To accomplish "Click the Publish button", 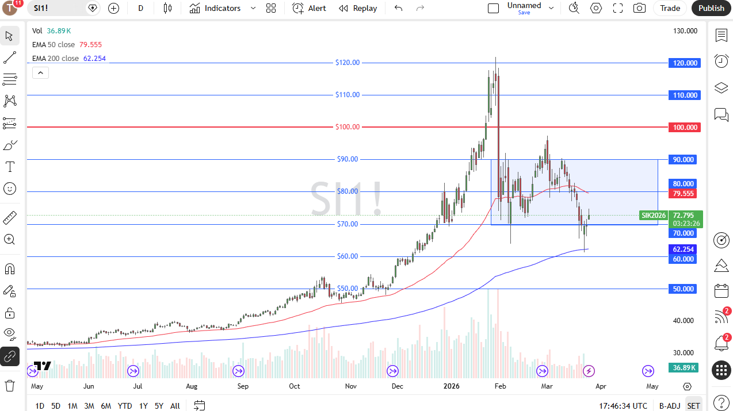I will pos(711,8).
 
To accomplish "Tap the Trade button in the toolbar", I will pos(670,8).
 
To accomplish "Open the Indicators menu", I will pos(223,8).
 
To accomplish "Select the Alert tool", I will pos(309,8).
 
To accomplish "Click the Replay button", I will pos(358,8).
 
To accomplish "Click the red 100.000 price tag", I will pos(684,127).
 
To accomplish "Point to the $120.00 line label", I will pos(348,63).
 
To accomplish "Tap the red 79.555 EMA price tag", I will pos(684,194).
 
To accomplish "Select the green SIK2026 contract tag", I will pos(654,216).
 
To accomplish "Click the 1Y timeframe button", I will pos(144,406).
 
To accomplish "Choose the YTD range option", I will pos(125,406).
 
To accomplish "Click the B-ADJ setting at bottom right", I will pos(670,406).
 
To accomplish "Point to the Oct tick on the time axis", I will pos(294,386).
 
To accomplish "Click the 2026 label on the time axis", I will pos(451,386).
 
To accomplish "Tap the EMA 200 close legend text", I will pos(56,59).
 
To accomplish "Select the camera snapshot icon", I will pos(639,8).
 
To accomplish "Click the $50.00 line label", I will pos(348,289).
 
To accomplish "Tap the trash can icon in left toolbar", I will pos(10,385).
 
